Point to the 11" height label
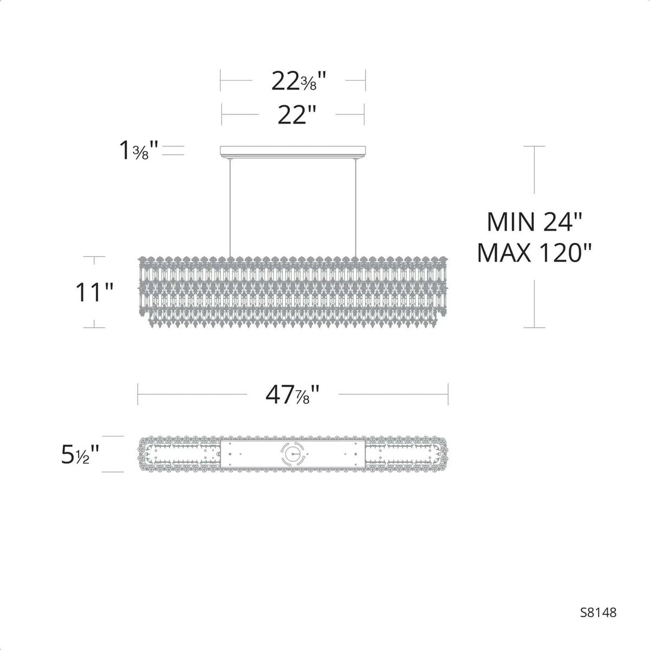(94, 292)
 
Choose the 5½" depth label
(80, 454)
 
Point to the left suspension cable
(230, 206)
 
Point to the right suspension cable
(356, 206)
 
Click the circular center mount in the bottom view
(293, 454)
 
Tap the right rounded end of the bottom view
(439, 454)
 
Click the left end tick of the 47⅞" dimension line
(138, 394)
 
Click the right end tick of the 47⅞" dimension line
(448, 394)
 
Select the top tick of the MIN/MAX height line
(535, 146)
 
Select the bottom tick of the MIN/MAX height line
(535, 328)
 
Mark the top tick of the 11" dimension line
(95, 257)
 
